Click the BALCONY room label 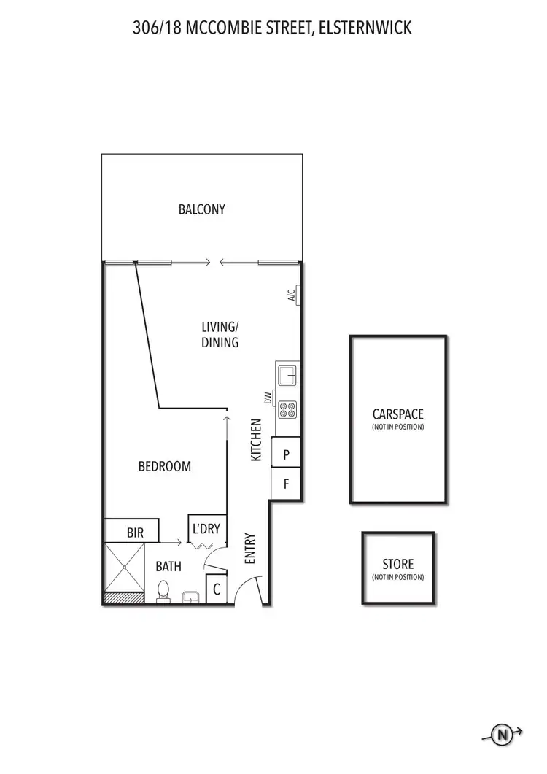tap(202, 209)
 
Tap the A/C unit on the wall tap(297, 295)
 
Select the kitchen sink tap(287, 376)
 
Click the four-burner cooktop tap(287, 410)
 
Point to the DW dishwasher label tap(268, 398)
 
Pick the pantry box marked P tap(287, 454)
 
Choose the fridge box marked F tap(287, 484)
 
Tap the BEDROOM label tap(165, 466)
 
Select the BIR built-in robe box tap(135, 533)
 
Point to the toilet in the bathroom tap(164, 589)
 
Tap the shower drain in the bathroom tap(125, 567)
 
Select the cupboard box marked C tap(217, 589)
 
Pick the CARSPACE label tap(397, 414)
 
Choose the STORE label tap(397, 565)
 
